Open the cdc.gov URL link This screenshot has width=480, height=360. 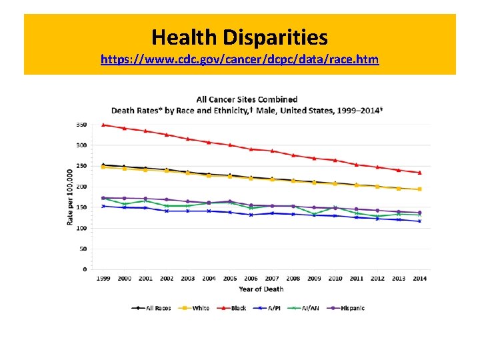tap(239, 59)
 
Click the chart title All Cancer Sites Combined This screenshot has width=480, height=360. tap(247, 99)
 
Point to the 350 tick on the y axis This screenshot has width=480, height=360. tap(81, 125)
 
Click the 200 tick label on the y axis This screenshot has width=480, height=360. tap(81, 187)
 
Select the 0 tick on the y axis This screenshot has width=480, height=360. tap(85, 269)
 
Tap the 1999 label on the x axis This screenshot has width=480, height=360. tap(103, 279)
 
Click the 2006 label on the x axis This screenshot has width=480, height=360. tap(251, 279)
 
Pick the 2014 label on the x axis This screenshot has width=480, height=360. tap(419, 279)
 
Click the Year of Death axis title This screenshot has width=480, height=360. tap(261, 289)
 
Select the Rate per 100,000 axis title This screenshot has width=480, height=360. tap(70, 196)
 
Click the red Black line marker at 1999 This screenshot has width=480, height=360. tap(103, 125)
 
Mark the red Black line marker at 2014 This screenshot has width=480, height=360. tap(419, 173)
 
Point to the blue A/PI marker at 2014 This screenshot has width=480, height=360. tap(419, 221)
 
